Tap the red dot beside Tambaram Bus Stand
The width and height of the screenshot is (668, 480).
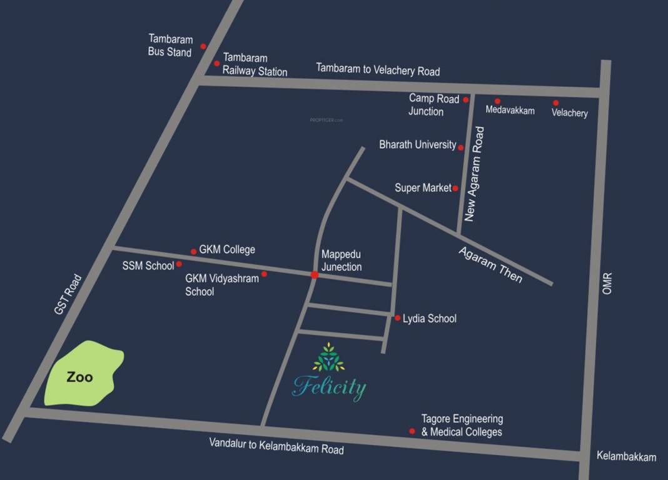tap(203, 46)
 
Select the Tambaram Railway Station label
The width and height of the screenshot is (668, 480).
tap(255, 64)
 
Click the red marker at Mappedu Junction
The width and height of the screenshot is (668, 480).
tap(314, 275)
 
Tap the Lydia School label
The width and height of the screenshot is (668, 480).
tap(430, 319)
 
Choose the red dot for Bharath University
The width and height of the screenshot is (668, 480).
tap(461, 147)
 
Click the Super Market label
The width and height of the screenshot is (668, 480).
tap(423, 187)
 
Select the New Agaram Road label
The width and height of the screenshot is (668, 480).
tap(475, 174)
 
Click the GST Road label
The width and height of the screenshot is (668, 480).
tap(68, 294)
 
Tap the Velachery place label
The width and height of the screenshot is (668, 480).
tap(569, 113)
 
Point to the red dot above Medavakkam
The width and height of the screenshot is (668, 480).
tap(498, 101)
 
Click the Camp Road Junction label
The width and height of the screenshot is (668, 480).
tap(433, 105)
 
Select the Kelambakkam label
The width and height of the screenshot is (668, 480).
tap(626, 457)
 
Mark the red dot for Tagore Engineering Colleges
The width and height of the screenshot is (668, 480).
tap(412, 431)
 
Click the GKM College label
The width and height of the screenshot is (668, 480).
tap(227, 249)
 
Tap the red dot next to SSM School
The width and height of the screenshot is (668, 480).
tap(179, 264)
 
